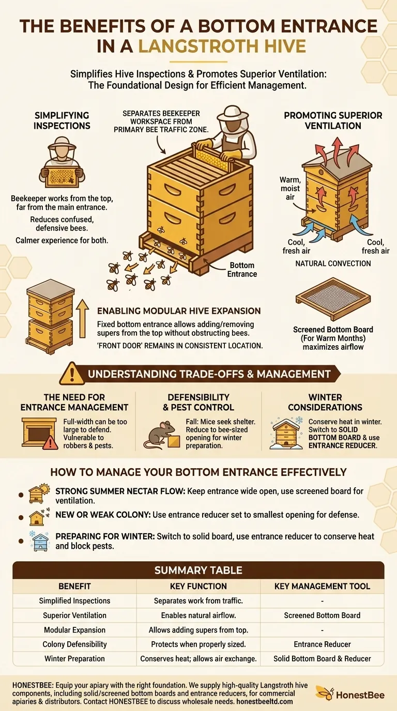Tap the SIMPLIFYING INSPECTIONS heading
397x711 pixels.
(62, 120)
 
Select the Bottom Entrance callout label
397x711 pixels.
(242, 269)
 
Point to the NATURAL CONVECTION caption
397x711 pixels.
(333, 264)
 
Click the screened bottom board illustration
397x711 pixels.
(332, 300)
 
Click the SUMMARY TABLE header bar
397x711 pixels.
(198, 570)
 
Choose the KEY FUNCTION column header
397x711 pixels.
(198, 586)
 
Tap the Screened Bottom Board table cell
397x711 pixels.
(322, 615)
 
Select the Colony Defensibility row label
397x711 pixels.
(74, 644)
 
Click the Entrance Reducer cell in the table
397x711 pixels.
(322, 644)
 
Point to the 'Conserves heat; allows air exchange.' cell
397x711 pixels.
(198, 659)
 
